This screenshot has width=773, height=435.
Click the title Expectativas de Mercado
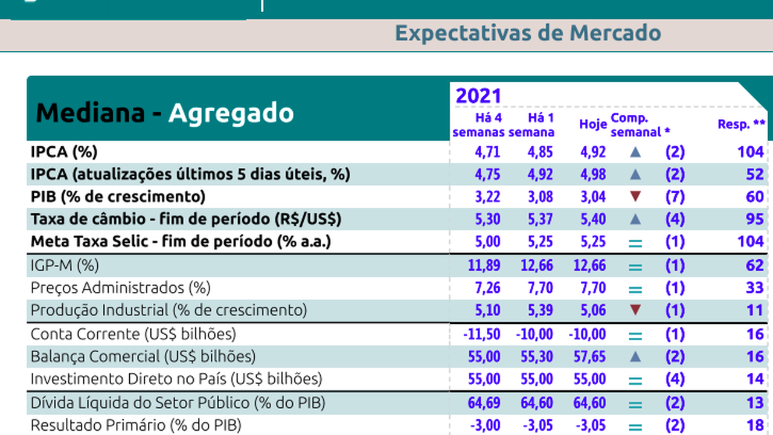(x=528, y=33)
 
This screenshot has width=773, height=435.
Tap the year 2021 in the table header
(x=478, y=95)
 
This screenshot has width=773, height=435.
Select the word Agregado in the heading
(x=231, y=113)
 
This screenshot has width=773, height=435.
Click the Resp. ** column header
(x=742, y=124)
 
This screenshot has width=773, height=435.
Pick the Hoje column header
(x=592, y=124)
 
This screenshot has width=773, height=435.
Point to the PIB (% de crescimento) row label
(x=118, y=196)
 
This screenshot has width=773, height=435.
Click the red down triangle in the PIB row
(x=635, y=196)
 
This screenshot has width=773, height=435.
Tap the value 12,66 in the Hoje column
(x=589, y=265)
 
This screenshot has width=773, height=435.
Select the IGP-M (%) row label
(x=65, y=265)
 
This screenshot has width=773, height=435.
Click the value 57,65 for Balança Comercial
(x=589, y=356)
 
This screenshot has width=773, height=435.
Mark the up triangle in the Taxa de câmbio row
(x=635, y=219)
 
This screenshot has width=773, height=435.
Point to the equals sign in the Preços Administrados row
(x=635, y=288)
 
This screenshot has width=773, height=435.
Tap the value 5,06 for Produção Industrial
(x=592, y=311)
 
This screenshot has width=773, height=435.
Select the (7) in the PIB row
(x=675, y=197)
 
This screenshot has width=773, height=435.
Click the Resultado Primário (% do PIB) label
(x=136, y=425)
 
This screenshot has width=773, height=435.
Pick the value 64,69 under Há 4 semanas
(x=484, y=402)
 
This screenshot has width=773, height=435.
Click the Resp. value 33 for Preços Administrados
(x=754, y=288)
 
